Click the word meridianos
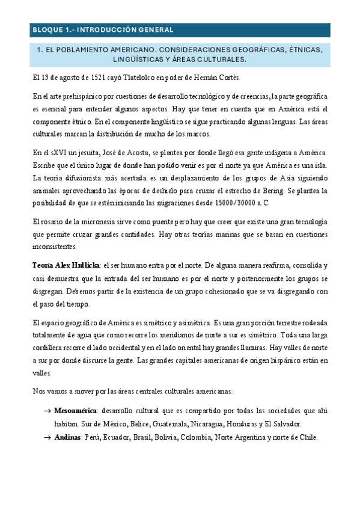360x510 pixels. click(x=197, y=335)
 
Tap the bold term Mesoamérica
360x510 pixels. click(x=76, y=411)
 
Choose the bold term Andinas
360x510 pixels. click(x=67, y=437)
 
